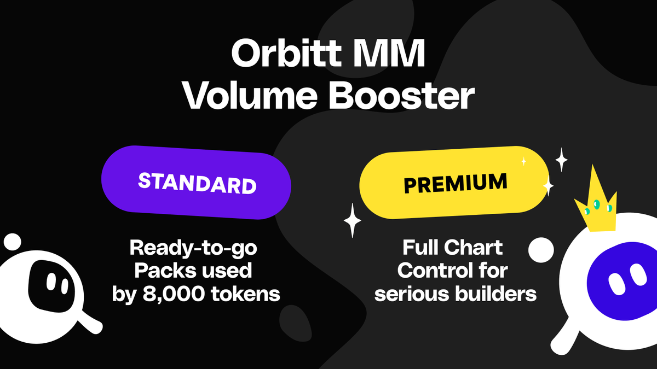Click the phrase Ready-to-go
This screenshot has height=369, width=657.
(x=193, y=249)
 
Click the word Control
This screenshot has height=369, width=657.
(x=435, y=271)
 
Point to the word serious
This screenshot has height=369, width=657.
(x=405, y=294)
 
